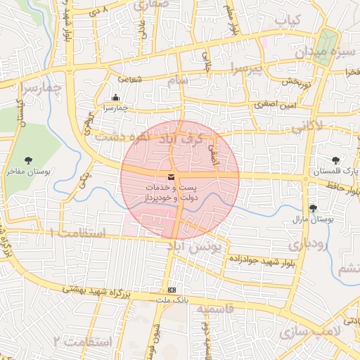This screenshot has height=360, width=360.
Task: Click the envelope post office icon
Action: [x=172, y=177]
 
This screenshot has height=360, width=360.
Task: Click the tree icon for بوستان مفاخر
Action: [x=28, y=161]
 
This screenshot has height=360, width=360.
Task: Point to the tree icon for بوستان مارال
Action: [x=313, y=208]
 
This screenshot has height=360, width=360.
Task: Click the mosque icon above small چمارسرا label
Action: [x=116, y=98]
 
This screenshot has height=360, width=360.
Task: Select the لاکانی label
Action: [x=304, y=126]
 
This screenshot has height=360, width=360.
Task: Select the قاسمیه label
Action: [x=214, y=309]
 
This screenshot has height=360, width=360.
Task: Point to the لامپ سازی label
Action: [x=309, y=331]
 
